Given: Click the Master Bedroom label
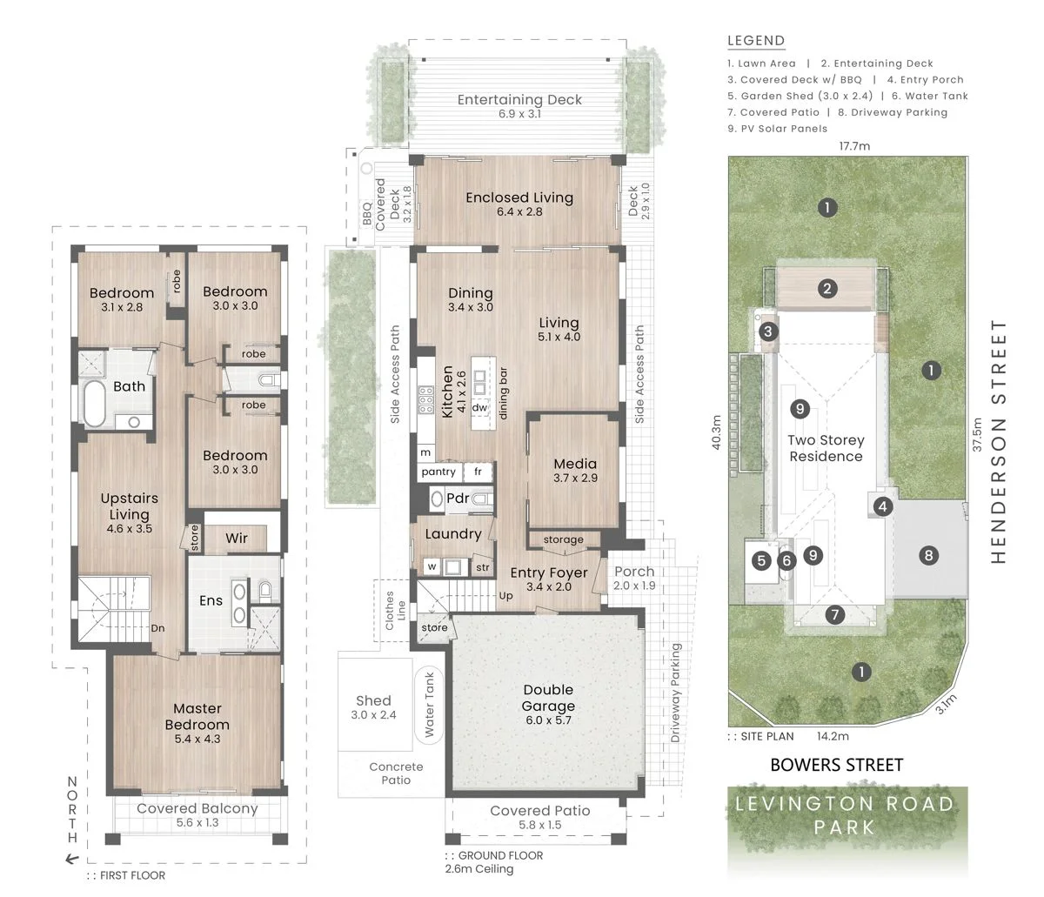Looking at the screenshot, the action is pos(197,716).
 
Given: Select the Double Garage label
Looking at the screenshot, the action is pos(548,698).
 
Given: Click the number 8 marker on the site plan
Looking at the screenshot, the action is pos(928,556).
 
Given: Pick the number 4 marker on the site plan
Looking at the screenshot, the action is pos(883,506).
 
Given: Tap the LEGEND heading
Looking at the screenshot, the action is pos(756,41).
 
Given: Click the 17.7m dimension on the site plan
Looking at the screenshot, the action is pos(854,146).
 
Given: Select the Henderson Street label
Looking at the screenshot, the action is pos(999,441).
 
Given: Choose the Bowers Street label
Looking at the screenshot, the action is pos(836,765).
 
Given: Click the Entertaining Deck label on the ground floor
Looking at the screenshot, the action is pos(519,99).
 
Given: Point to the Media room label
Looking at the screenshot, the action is pos(575,464).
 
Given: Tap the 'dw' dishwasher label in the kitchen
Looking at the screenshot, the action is pos(479,407).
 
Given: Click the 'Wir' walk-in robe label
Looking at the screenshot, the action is pos(237,538).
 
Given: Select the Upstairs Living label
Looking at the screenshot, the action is pos(130,506).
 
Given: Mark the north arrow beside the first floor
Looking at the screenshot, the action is pos(72,859).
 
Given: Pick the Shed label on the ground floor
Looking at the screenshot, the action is pos(373,700).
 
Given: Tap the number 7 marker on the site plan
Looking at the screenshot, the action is pos(835,614).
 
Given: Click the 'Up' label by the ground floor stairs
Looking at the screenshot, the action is pos(505,595).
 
